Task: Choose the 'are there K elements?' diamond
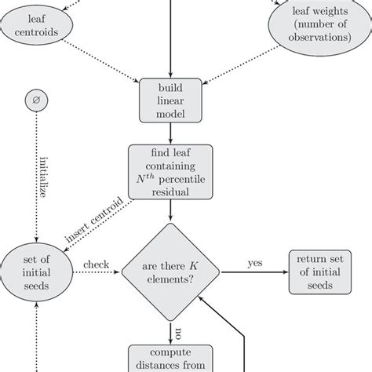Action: tap(171, 274)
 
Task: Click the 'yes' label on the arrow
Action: tap(255, 264)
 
